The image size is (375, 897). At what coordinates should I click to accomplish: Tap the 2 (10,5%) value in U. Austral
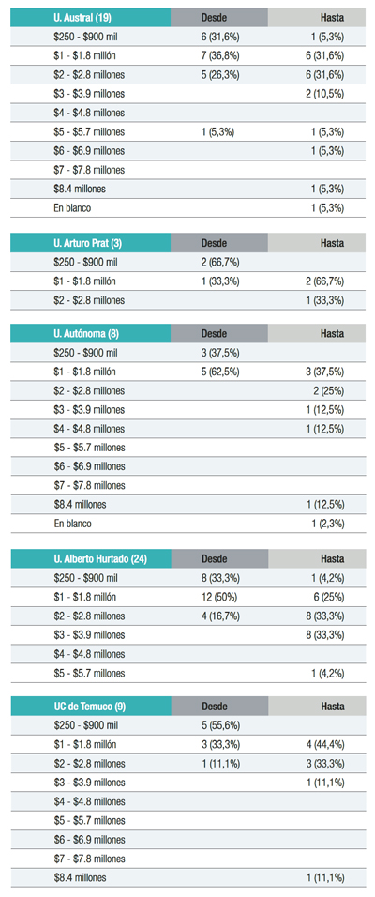(324, 94)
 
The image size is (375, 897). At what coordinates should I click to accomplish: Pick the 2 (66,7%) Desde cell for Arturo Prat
(220, 263)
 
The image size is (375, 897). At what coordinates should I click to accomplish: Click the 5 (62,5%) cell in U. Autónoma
(220, 372)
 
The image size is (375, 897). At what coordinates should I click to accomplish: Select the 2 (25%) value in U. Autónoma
(329, 390)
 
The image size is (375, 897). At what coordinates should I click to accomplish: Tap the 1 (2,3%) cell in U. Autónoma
(327, 524)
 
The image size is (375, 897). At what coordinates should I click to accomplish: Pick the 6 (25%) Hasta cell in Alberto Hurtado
(329, 598)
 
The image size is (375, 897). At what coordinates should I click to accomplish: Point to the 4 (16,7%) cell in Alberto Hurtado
(220, 616)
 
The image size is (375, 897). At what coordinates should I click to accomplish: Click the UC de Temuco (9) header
(87, 707)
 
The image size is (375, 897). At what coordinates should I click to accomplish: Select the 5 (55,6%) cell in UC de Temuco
(220, 726)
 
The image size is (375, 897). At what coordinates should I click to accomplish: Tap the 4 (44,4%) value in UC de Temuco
(324, 745)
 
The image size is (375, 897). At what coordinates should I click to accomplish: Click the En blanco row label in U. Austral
(72, 208)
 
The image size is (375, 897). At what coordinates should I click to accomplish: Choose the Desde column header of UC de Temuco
(214, 707)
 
